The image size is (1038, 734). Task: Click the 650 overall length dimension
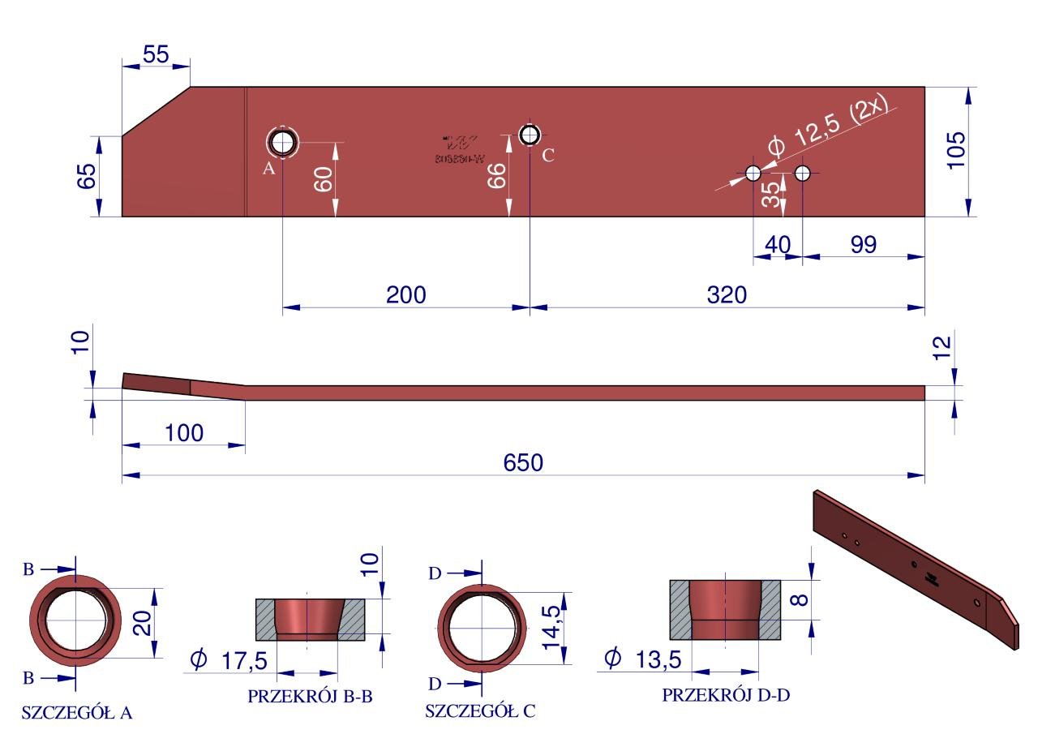point(523,463)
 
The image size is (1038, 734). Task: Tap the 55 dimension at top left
point(155,54)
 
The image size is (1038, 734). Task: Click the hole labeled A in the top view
point(283,143)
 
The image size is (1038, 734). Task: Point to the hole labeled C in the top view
point(530,135)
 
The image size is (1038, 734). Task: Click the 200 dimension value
point(405,294)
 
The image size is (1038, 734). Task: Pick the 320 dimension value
point(726,294)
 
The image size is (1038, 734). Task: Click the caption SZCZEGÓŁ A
point(77,714)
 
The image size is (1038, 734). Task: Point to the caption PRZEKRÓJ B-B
point(309,696)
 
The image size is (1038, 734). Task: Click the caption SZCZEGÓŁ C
point(480,712)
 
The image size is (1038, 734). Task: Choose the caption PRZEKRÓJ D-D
point(725,696)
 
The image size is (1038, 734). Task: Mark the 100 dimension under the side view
point(183,432)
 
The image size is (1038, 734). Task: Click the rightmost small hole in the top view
point(803,173)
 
